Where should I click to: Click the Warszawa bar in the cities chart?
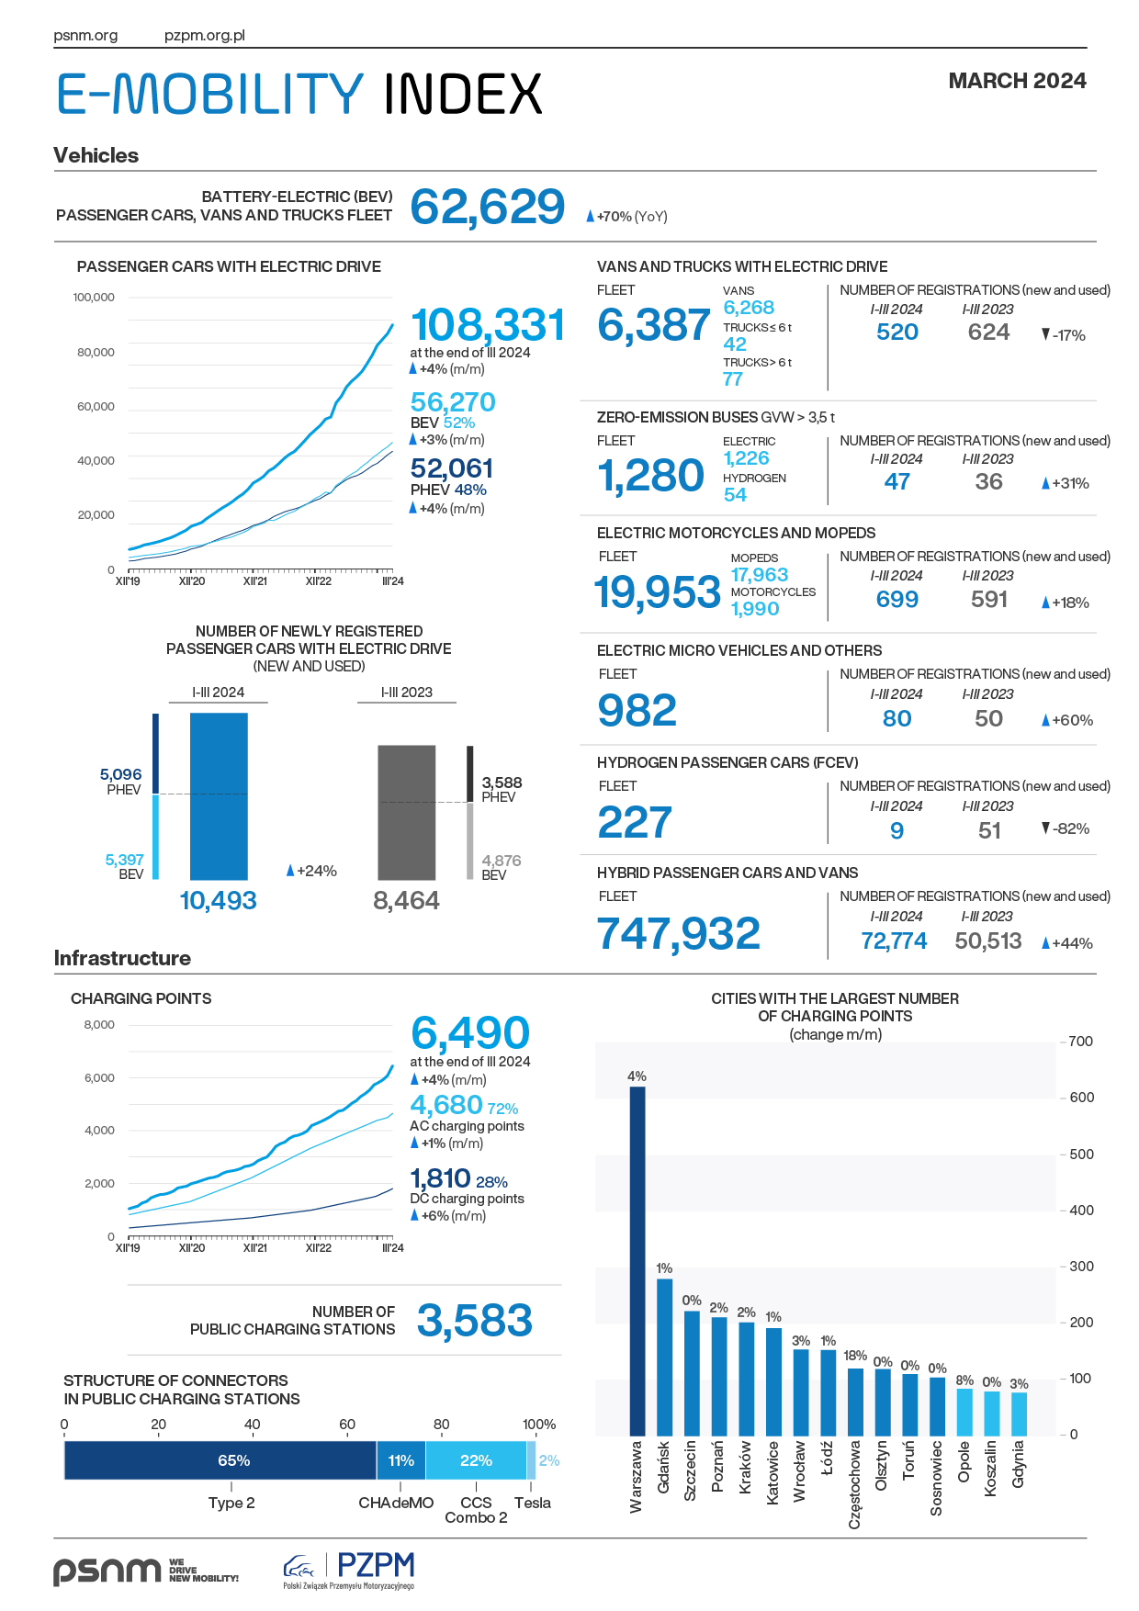point(637,1261)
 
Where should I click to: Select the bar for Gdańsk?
point(665,1357)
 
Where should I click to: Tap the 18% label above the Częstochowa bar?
point(855,1356)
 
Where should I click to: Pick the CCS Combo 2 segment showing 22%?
point(476,1460)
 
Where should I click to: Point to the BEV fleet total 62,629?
point(488,207)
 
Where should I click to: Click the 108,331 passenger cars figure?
point(488,325)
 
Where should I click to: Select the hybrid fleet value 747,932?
point(679,934)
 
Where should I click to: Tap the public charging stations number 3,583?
point(475,1321)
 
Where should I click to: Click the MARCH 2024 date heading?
point(1018,81)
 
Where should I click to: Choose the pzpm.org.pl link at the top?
point(205,36)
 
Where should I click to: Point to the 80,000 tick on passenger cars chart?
point(96,352)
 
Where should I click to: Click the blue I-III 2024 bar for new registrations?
point(219,796)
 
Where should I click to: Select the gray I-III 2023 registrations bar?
point(407,813)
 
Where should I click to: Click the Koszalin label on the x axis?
point(991,1469)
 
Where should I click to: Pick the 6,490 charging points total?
point(470,1033)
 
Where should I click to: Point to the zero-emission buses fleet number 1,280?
point(651,476)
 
